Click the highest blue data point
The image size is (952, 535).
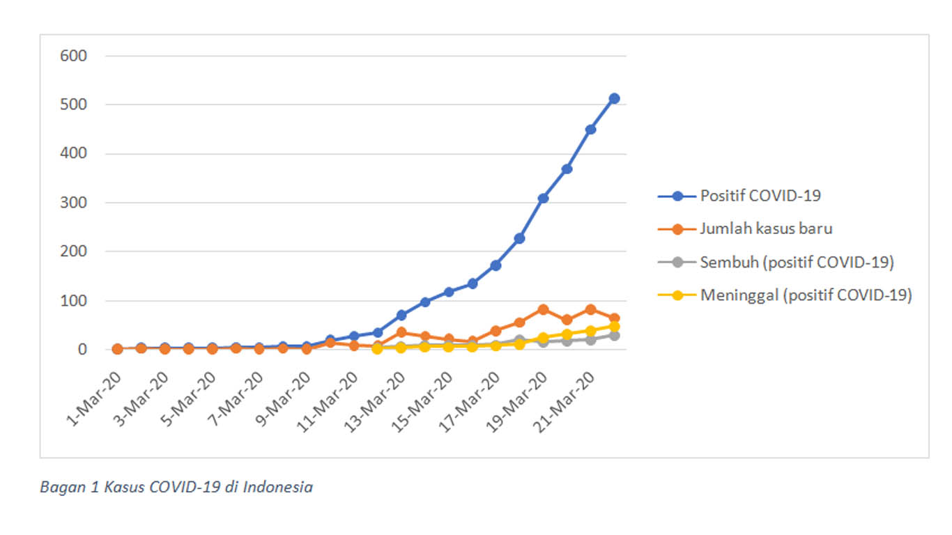click(614, 99)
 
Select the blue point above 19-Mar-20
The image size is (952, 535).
click(543, 199)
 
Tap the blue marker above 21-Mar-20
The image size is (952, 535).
click(590, 130)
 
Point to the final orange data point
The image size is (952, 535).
click(614, 318)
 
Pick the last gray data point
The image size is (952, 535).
click(614, 336)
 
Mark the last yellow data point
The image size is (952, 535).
click(614, 326)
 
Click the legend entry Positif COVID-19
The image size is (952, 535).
click(760, 196)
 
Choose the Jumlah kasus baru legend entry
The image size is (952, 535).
click(766, 228)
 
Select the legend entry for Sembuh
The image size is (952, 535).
click(796, 263)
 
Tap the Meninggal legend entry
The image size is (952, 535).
click(806, 295)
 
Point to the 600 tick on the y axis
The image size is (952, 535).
click(74, 56)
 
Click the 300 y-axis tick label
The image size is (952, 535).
click(74, 203)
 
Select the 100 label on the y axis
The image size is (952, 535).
click(74, 301)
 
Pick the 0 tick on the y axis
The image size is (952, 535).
click(82, 350)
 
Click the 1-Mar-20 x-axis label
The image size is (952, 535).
click(95, 398)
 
